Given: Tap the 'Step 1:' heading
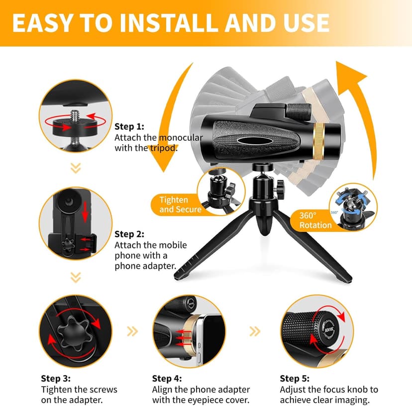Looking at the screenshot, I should point(129,126).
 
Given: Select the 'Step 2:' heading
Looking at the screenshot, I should point(129,234).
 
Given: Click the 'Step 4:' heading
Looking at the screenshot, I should point(167,379).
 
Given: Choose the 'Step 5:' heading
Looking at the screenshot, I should point(295,379).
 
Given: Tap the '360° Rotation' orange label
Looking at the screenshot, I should point(315,220).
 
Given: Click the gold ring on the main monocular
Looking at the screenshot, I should point(321,139).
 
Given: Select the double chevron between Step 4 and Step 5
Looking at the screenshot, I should point(254,330).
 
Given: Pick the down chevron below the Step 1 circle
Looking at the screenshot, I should point(76,169).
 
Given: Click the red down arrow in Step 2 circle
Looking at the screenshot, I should point(85,212).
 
